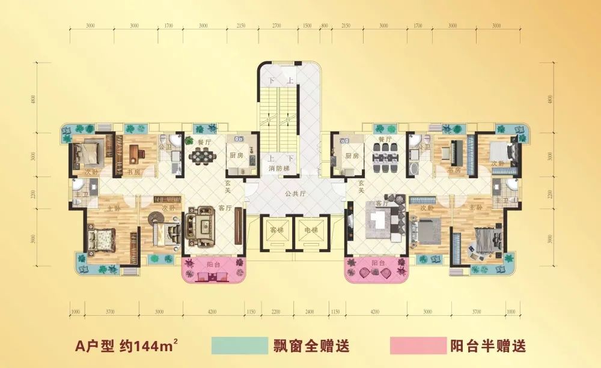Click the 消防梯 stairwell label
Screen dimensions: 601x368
coord(279,167)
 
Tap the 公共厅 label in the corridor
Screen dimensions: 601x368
coord(296,194)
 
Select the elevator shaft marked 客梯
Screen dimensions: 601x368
coord(276,231)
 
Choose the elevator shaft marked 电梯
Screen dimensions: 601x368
coord(311,231)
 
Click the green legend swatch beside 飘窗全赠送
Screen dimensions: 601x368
coord(239,346)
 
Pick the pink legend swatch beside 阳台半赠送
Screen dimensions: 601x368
coord(416,346)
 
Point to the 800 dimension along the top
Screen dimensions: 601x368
coord(325,26)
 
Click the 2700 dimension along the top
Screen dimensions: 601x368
coord(277,26)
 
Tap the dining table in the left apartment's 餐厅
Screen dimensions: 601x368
coord(201,155)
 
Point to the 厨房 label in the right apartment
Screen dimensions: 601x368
coord(352,155)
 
